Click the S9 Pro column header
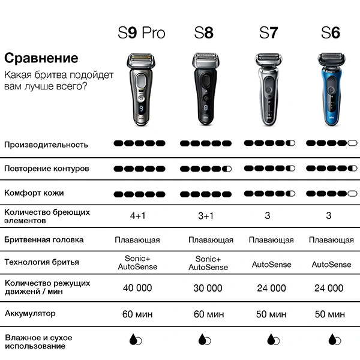coord(141,32)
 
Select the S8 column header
coord(204,32)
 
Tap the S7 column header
coord(268,32)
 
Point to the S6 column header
coord(330,32)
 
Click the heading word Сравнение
coord(41,58)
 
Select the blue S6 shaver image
coord(330,91)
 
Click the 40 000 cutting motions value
coord(137,288)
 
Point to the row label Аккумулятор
coord(30,313)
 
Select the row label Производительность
coord(46,145)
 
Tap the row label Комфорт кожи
coord(34,193)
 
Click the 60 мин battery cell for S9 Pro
coord(137,314)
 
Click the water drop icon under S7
coord(271,339)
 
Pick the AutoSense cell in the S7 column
coord(271,264)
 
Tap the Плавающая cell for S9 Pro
coord(137,240)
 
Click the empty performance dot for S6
coord(352,144)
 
